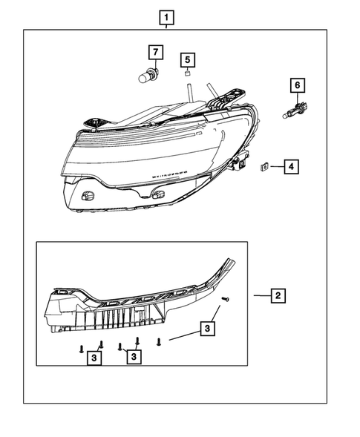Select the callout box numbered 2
point(277,296)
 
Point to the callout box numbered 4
point(291,167)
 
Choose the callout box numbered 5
point(188,59)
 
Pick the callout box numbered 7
point(155,52)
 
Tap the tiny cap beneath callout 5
point(188,74)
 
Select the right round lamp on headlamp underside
point(157,194)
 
